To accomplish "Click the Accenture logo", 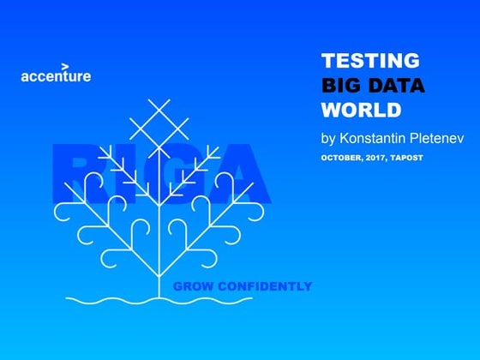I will coord(56,75).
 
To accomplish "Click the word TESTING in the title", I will coord(370,61).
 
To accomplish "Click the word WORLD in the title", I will coord(361,110).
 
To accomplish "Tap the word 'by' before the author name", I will coord(329,137).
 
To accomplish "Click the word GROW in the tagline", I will coord(192,285).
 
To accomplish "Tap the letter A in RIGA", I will coord(240,176).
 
